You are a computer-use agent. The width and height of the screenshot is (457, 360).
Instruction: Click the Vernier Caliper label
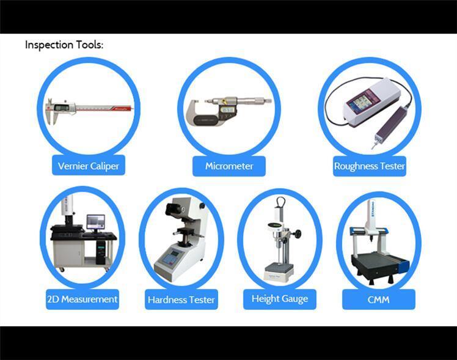89,166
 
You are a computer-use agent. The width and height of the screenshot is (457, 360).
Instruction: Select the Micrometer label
229,166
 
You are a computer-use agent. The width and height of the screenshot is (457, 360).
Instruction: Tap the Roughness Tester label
369,166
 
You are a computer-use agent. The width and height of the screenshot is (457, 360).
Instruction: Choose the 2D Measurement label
82,299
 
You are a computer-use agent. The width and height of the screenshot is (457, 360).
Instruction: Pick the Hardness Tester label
181,300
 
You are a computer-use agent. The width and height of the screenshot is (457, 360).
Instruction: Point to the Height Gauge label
279,299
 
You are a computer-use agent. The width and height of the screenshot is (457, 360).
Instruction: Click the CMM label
379,299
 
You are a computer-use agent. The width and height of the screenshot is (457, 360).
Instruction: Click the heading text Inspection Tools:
64,45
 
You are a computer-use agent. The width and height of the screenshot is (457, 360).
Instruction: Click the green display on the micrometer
228,111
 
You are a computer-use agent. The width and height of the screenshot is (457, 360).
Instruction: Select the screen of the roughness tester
357,101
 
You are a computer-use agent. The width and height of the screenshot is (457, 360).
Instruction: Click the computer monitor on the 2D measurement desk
96,221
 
